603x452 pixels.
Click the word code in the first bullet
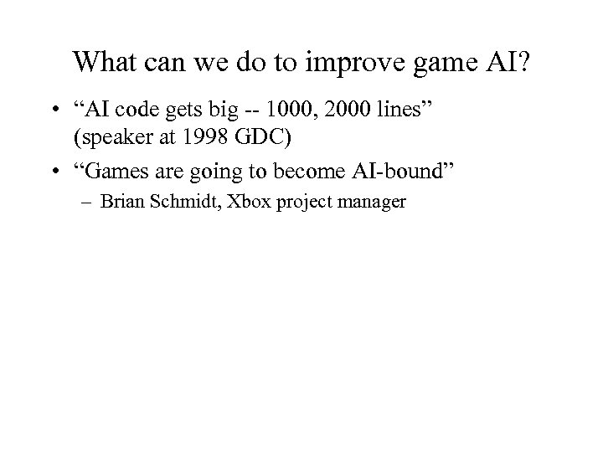pos(155,110)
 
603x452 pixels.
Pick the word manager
pos(373,202)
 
